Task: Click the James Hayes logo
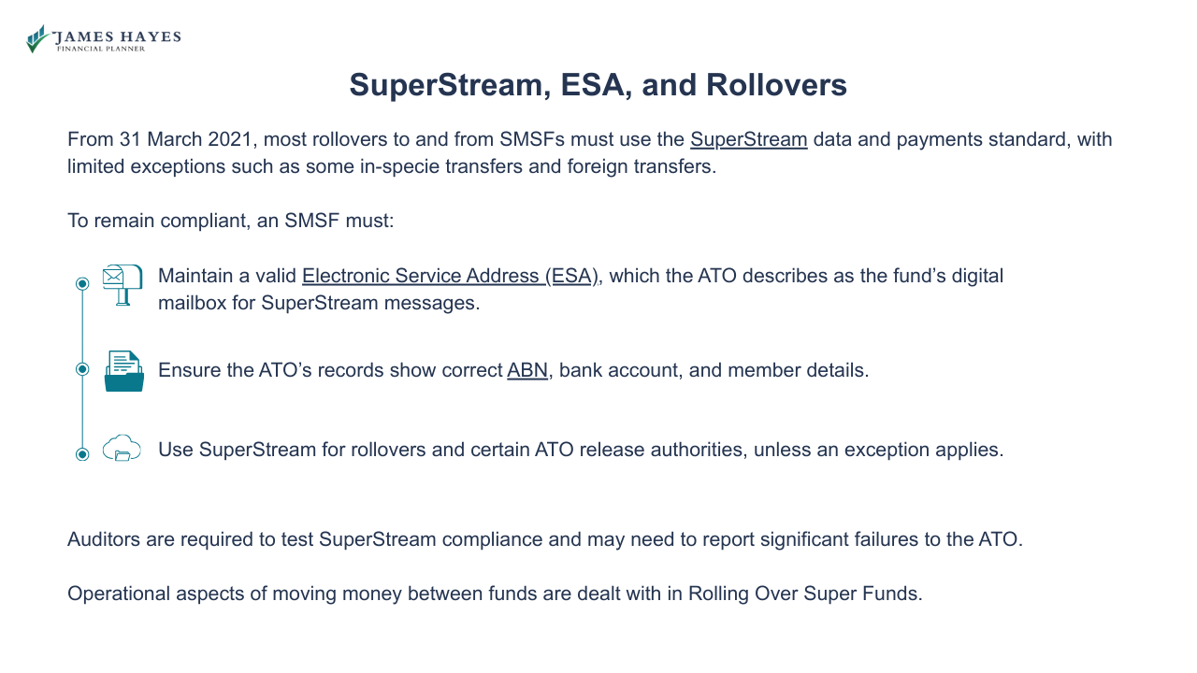[103, 39]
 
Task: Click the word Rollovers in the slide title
[776, 85]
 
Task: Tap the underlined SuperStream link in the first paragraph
[748, 140]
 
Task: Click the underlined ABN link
[527, 370]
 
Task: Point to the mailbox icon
[123, 284]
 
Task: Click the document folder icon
[123, 371]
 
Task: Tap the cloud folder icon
[122, 449]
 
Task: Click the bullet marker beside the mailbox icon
[82, 283]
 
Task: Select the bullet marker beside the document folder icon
[82, 369]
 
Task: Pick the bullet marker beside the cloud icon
[82, 454]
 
